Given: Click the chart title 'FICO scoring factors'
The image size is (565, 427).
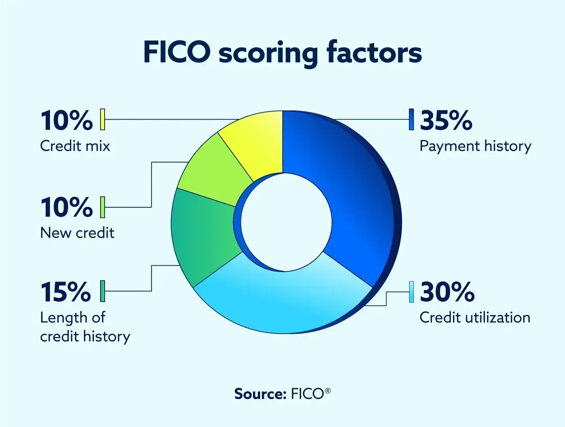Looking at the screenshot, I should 282,53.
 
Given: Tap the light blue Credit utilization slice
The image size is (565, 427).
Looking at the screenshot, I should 282,302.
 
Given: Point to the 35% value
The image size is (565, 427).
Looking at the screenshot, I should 446,121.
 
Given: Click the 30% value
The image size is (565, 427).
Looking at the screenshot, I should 447,292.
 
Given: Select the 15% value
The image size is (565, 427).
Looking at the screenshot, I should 66,292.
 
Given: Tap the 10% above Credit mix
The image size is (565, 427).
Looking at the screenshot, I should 67,121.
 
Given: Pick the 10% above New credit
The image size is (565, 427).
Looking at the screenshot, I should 67,207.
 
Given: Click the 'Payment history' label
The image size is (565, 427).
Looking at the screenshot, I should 475,146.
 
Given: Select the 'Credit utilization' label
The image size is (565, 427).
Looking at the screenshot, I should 475,318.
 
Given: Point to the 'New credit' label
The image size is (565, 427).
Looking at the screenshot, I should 77,233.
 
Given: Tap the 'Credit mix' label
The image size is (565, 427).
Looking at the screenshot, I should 75,146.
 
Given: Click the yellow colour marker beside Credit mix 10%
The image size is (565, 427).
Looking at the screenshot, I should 102,119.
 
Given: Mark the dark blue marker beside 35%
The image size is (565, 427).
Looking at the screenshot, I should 411,119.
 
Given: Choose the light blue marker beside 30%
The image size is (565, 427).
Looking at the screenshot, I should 411,292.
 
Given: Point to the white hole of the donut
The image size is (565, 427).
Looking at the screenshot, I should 286,222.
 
